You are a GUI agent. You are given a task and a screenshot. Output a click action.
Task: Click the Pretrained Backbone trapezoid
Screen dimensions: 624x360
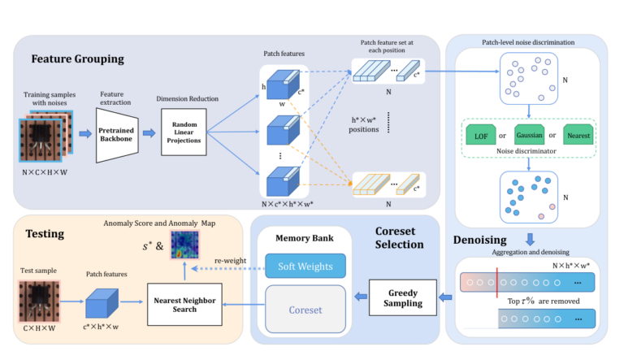117,135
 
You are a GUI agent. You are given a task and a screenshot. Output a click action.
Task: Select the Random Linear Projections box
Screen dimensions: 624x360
184,132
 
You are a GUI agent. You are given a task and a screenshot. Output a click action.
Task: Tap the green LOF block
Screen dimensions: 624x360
481,135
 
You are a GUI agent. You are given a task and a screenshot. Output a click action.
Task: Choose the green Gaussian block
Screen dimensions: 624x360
529,135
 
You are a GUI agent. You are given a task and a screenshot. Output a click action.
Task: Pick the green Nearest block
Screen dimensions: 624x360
578,135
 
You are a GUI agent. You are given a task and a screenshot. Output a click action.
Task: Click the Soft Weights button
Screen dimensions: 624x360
305,266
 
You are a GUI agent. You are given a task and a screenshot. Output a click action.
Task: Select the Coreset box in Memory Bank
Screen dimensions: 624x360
305,310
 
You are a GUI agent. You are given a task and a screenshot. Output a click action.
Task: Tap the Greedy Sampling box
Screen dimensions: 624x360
403,297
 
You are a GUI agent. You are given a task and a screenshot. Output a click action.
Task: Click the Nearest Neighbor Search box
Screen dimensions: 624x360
184,304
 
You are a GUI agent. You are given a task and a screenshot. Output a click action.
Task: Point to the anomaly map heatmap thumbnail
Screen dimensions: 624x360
185,245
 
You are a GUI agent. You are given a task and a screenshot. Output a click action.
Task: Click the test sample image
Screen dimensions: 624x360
39,301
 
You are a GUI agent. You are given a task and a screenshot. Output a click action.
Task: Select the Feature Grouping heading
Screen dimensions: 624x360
78,59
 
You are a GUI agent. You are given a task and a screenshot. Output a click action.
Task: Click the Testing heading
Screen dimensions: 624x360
45,233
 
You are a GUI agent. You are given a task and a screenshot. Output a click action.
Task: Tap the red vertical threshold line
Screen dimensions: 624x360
497,283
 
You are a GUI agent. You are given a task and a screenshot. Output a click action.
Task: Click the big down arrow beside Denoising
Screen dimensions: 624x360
530,240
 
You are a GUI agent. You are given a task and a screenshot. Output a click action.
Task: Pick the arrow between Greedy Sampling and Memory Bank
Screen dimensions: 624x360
361,297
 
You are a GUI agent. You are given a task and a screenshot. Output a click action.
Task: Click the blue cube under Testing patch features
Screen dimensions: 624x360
102,303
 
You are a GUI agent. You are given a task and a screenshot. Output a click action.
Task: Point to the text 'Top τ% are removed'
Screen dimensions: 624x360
544,301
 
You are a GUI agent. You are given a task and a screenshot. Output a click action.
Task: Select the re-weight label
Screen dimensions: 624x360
230,260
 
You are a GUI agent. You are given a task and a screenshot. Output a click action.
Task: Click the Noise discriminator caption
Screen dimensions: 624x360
526,151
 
